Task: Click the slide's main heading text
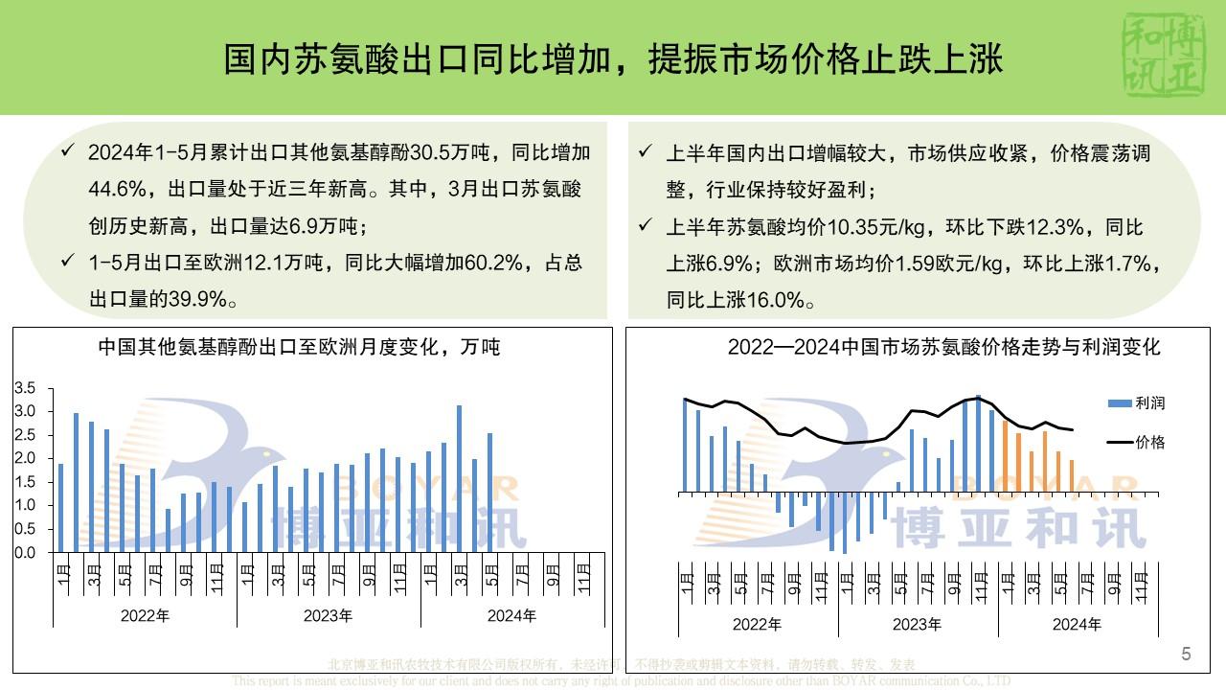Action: (x=613, y=59)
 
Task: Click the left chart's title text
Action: (x=299, y=347)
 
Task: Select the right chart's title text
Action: (x=943, y=347)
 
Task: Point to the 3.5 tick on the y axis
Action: (x=26, y=388)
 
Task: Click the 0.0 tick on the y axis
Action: (x=26, y=553)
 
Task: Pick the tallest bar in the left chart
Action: (x=459, y=478)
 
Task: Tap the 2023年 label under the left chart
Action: (x=329, y=616)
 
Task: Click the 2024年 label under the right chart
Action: (x=1077, y=625)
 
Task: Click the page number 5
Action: (x=1187, y=655)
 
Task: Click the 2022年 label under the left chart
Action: (x=145, y=616)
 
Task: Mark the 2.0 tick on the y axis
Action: (x=26, y=459)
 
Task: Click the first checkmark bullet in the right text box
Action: (x=647, y=152)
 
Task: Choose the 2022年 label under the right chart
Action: (x=757, y=625)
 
